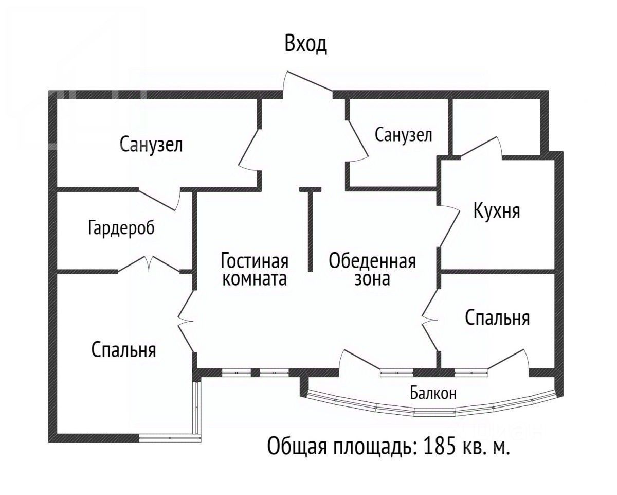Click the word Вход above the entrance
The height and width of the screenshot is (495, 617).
pos(306,45)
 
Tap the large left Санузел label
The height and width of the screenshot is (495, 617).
pos(151,145)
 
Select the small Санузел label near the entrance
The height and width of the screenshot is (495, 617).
pos(403,135)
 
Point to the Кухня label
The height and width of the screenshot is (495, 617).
pos(497,211)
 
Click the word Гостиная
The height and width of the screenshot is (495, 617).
pos(255,261)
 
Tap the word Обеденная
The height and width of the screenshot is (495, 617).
pos(372,261)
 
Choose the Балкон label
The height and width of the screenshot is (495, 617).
pos(433,394)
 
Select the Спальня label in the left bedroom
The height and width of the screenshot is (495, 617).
pos(124,350)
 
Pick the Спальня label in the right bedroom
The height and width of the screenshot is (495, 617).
pos(497,318)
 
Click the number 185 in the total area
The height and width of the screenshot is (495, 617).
pos(439,446)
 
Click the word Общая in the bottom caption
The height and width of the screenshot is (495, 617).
pos(296,446)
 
